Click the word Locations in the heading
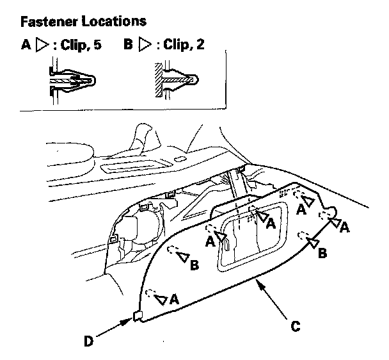coord(114,21)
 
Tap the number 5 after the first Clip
coord(98,45)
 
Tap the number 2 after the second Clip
coord(200,44)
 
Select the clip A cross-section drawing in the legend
coord(72,81)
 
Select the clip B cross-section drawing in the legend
coord(176,80)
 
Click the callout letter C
coord(295,326)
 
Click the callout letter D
coord(88,341)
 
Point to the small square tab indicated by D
coord(138,316)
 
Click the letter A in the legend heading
coord(26,45)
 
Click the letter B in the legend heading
coord(128,44)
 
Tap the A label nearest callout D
coord(174,299)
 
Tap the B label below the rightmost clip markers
coord(322,253)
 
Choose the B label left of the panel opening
coord(194,265)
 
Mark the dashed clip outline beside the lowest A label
coord(150,293)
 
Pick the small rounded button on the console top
coord(180,159)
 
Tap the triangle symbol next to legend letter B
coord(145,44)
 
